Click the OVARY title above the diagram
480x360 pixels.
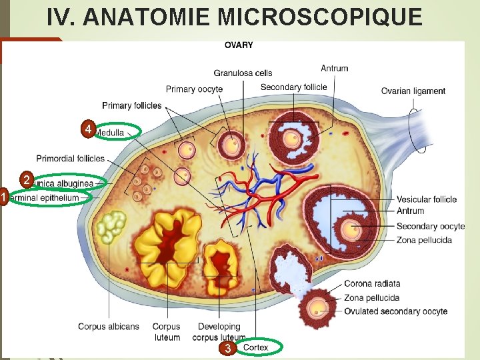[x=239, y=45]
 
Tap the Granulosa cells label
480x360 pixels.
[x=243, y=73]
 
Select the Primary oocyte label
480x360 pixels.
[x=194, y=89]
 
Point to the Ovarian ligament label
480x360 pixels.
[x=413, y=91]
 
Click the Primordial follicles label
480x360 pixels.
[x=71, y=159]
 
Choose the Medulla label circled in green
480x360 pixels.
[x=111, y=133]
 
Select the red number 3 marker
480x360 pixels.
[x=228, y=349]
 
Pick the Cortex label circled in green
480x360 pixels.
[x=256, y=347]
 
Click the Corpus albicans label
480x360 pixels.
[x=109, y=327]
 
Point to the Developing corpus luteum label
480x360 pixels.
[x=219, y=332]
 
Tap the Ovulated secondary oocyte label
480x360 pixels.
[x=396, y=311]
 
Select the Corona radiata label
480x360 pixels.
[x=372, y=284]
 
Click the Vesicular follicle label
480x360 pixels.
[x=427, y=199]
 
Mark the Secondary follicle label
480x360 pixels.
[x=293, y=87]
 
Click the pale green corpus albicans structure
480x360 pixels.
[x=111, y=227]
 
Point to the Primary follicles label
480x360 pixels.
[x=132, y=105]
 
